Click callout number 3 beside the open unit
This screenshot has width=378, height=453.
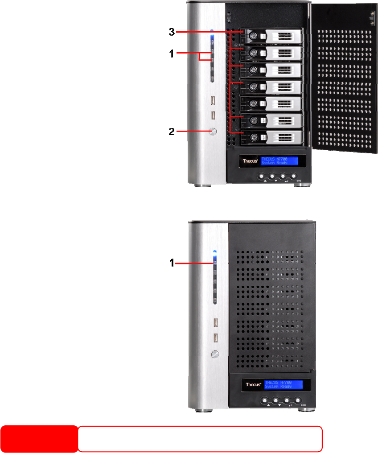pyautogui.click(x=171, y=32)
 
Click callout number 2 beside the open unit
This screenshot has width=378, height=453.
pyautogui.click(x=171, y=132)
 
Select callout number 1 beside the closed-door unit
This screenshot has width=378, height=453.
pyautogui.click(x=171, y=264)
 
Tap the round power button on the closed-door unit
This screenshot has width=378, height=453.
pyautogui.click(x=215, y=354)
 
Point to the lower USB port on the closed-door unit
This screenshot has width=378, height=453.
pyautogui.click(x=215, y=338)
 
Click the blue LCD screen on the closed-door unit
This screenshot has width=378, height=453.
pyautogui.click(x=283, y=384)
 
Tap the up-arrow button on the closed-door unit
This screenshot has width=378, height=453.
pyautogui.click(x=268, y=400)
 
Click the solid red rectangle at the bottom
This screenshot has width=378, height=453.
pyautogui.click(x=39, y=439)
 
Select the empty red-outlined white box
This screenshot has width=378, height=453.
pyautogui.click(x=200, y=439)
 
